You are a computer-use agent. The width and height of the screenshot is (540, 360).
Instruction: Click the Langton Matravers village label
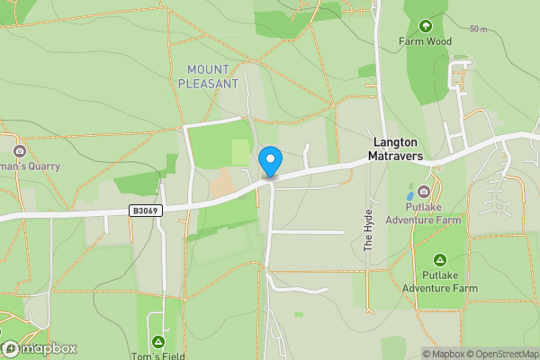click(x=398, y=148)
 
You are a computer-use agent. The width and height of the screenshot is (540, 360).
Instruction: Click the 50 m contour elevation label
click(x=478, y=29)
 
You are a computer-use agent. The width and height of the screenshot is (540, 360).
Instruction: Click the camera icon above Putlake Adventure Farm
click(x=424, y=191)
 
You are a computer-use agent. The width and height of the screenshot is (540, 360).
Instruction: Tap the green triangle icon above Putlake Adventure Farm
click(x=439, y=259)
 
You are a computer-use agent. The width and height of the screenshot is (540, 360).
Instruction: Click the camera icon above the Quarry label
click(x=20, y=150)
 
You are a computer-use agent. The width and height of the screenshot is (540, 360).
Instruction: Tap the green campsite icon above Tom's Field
click(x=158, y=341)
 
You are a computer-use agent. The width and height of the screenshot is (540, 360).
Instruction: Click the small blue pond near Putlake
click(x=410, y=194)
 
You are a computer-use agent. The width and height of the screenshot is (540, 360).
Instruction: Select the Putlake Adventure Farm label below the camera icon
click(x=424, y=212)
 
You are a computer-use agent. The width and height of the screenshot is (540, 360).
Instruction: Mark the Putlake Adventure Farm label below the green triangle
click(x=439, y=282)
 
